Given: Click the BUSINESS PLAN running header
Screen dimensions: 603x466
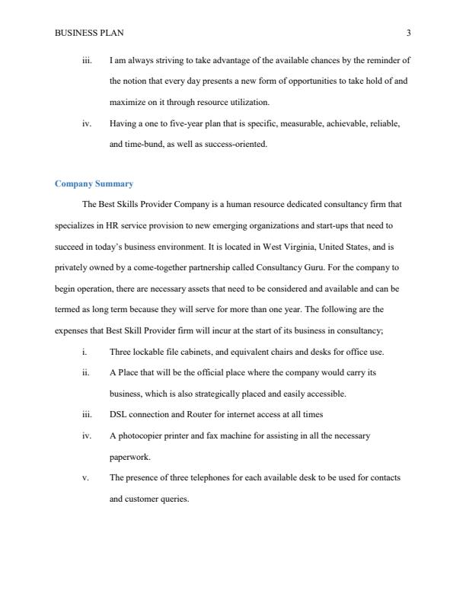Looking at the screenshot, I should [x=89, y=33].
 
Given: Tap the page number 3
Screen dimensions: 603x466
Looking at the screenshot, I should [x=409, y=33].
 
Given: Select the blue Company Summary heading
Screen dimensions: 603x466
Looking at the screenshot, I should [x=94, y=183].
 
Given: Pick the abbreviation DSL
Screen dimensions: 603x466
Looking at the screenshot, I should [x=118, y=414].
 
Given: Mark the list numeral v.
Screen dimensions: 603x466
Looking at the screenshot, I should [x=85, y=477].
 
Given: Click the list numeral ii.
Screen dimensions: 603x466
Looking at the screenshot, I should [x=85, y=373].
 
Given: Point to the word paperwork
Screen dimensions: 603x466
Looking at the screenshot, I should [x=130, y=457].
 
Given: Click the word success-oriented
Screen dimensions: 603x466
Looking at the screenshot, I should [x=237, y=143].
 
